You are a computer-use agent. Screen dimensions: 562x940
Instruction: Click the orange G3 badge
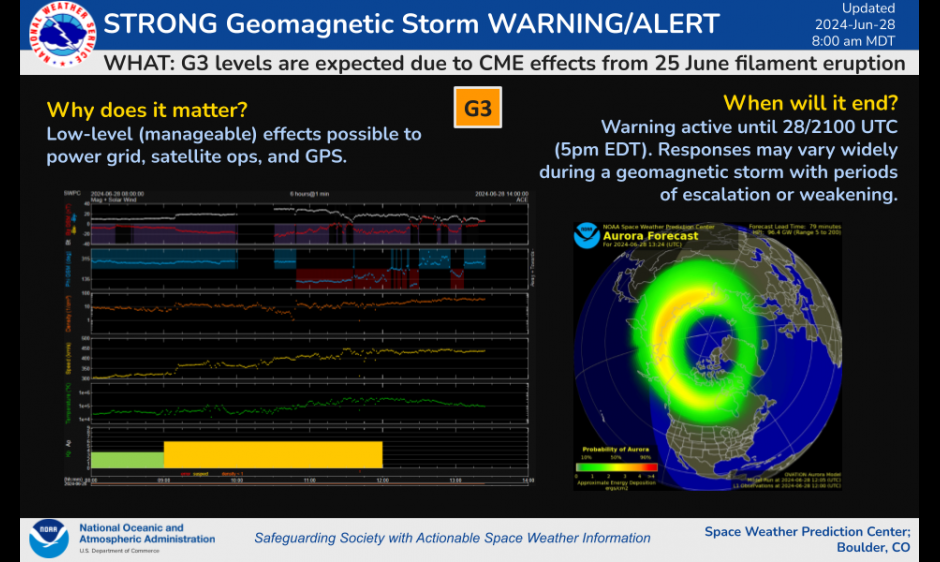pyautogui.click(x=478, y=108)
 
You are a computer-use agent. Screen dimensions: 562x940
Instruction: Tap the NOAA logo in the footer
pyautogui.click(x=48, y=538)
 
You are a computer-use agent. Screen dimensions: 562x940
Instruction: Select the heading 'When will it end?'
pyautogui.click(x=810, y=103)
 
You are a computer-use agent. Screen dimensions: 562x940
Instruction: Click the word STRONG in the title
pyautogui.click(x=162, y=23)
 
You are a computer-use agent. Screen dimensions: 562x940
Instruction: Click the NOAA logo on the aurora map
pyautogui.click(x=587, y=236)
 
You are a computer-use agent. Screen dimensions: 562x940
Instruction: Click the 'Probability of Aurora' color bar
pyautogui.click(x=616, y=465)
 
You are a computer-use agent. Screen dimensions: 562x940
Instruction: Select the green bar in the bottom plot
pyautogui.click(x=127, y=459)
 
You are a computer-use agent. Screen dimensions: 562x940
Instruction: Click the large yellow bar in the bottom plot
pyautogui.click(x=273, y=454)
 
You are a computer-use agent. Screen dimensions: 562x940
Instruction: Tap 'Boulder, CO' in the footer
pyautogui.click(x=873, y=548)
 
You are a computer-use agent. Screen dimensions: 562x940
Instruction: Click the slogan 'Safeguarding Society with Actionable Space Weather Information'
pyautogui.click(x=452, y=538)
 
